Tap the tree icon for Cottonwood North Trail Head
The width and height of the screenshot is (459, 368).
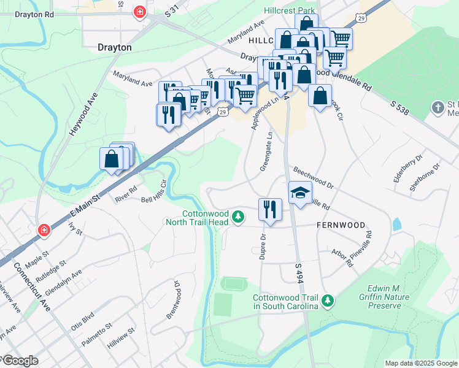click(238, 217)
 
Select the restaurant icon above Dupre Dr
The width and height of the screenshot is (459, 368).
click(270, 209)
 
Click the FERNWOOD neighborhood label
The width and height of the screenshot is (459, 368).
click(341, 225)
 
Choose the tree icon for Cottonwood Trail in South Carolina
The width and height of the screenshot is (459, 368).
click(328, 299)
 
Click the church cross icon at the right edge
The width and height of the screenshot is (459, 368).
click(438, 108)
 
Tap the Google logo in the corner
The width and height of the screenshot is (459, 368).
click(20, 361)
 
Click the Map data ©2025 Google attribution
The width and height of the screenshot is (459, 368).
click(421, 363)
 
